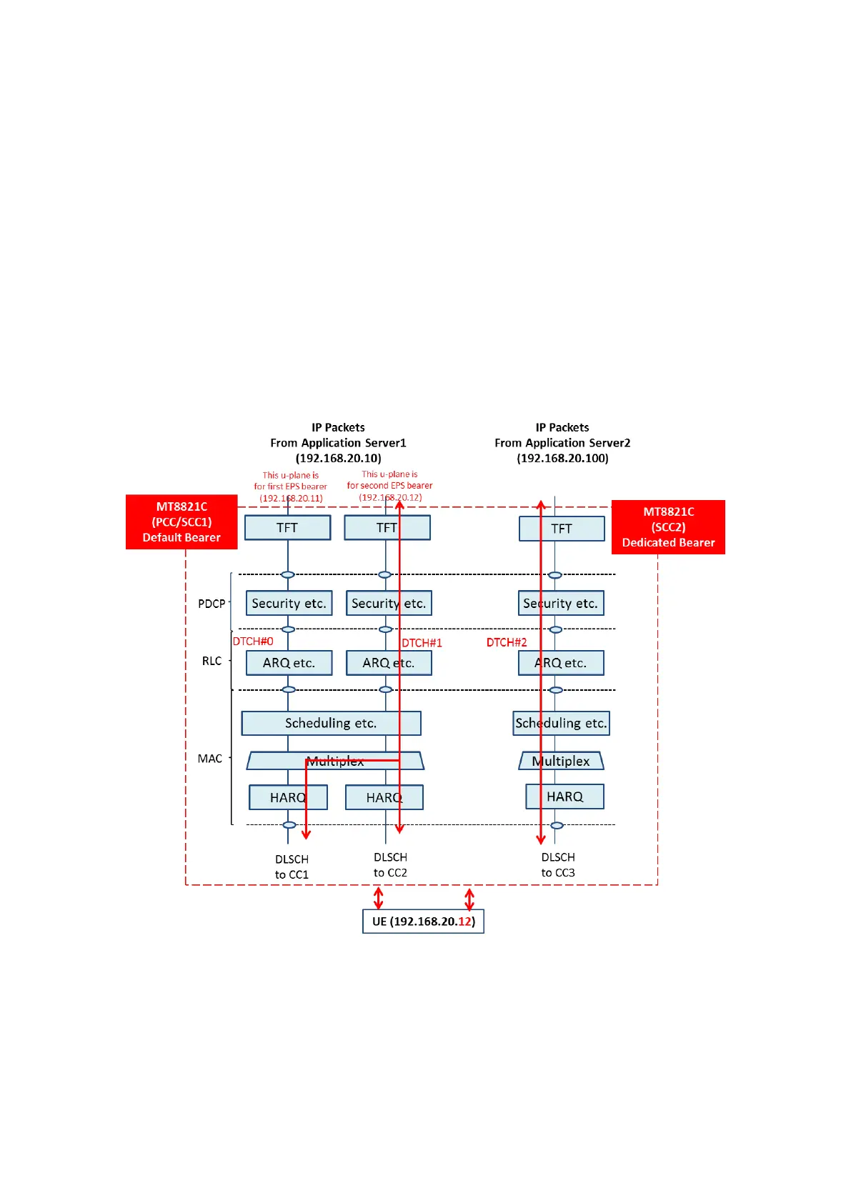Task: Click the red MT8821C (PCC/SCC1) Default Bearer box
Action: coord(181,522)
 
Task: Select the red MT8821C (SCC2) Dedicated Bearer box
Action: coord(668,527)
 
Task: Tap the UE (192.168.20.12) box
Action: coord(423,922)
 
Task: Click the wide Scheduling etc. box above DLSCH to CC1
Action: coord(331,723)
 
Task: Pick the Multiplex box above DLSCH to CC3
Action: coord(561,761)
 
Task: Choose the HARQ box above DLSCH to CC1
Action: coord(288,797)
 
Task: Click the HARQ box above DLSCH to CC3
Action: coord(564,797)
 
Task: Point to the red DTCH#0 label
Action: coord(253,642)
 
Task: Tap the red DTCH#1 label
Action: coord(422,643)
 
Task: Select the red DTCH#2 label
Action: coord(507,642)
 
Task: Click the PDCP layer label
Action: coord(211,604)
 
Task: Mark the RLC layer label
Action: coord(211,661)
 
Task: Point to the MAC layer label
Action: coord(210,759)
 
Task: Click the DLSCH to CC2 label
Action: coord(390,864)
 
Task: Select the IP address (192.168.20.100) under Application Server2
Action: coord(562,458)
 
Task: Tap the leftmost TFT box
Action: coord(287,528)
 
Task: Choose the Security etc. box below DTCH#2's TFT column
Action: coord(560,603)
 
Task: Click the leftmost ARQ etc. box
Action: coord(289,663)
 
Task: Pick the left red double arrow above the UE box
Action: coord(379,897)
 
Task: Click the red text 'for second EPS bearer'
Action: coord(389,486)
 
